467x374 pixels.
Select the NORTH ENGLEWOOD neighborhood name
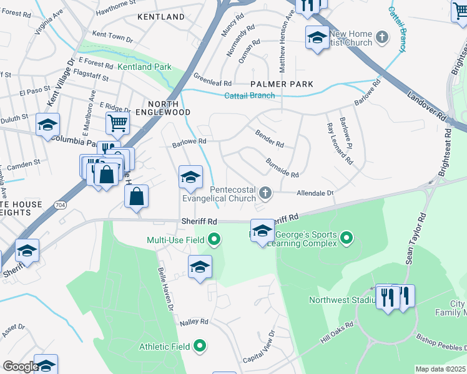(x=168, y=108)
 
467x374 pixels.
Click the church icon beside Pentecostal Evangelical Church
(x=265, y=193)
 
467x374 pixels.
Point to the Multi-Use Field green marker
(x=215, y=239)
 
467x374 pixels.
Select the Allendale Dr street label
(x=315, y=193)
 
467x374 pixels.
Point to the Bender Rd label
(x=270, y=138)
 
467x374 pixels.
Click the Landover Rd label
(x=428, y=107)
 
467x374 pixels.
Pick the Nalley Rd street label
(x=194, y=322)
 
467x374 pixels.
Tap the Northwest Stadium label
(x=340, y=300)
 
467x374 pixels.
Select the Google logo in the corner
(x=21, y=366)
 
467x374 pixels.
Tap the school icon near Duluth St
(x=47, y=125)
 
